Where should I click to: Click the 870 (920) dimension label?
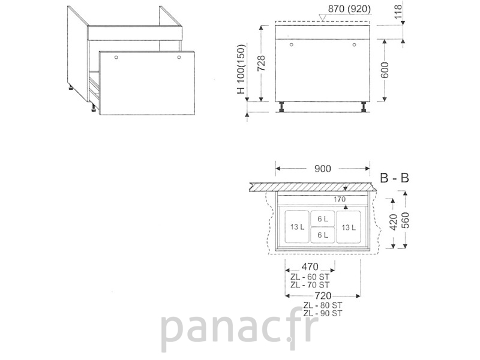tap(349, 9)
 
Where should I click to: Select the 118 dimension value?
tap(398, 11)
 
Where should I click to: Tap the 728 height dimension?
tap(261, 64)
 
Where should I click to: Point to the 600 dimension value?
tap(385, 70)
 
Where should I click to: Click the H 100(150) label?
tap(242, 69)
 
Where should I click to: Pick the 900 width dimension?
tap(323, 169)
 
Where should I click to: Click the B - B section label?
tap(394, 178)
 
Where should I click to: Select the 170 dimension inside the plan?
tap(340, 199)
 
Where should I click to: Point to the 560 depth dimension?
tap(405, 220)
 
